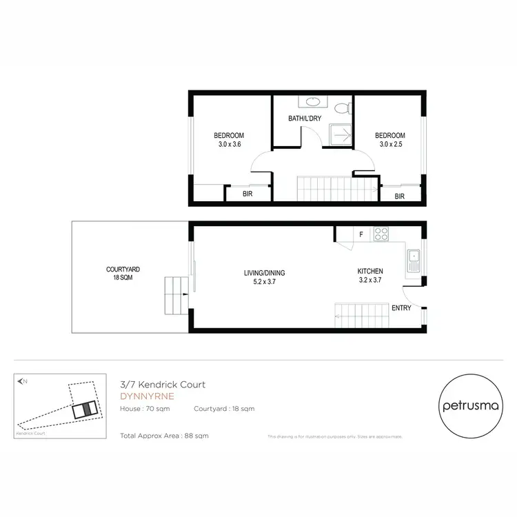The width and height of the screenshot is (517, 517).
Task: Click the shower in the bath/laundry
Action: [340, 135]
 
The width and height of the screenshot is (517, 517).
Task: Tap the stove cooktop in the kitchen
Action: [381, 234]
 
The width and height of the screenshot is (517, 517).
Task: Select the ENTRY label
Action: [401, 308]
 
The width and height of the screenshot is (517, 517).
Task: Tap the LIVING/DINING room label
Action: [264, 277]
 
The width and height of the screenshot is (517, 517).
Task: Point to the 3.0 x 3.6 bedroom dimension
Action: [228, 144]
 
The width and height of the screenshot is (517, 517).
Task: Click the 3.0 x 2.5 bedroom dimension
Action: [389, 144]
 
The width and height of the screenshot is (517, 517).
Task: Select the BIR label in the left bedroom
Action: [247, 194]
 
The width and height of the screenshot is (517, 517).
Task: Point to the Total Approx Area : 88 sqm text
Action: [164, 436]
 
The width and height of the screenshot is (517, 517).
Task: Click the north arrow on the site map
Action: [23, 381]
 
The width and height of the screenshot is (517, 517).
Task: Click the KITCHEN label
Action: [369, 272]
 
